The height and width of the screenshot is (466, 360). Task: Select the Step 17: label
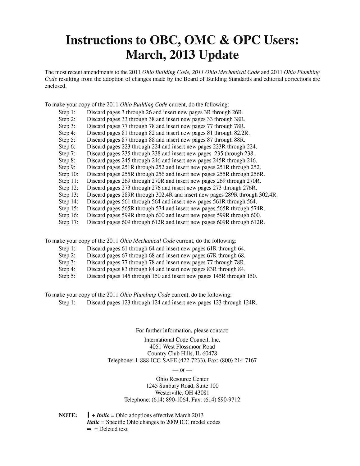[68, 222]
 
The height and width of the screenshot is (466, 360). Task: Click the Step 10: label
[68, 174]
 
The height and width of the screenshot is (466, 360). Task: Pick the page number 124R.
[250, 302]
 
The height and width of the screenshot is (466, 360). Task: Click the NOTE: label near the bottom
[68, 415]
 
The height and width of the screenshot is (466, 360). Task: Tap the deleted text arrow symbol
[89, 429]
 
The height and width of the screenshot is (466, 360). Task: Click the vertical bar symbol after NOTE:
[89, 415]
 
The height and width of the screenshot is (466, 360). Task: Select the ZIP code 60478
[210, 354]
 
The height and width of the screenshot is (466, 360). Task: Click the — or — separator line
[182, 370]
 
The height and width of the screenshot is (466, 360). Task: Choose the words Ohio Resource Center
[182, 379]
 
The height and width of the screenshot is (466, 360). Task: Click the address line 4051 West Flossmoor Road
[182, 347]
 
